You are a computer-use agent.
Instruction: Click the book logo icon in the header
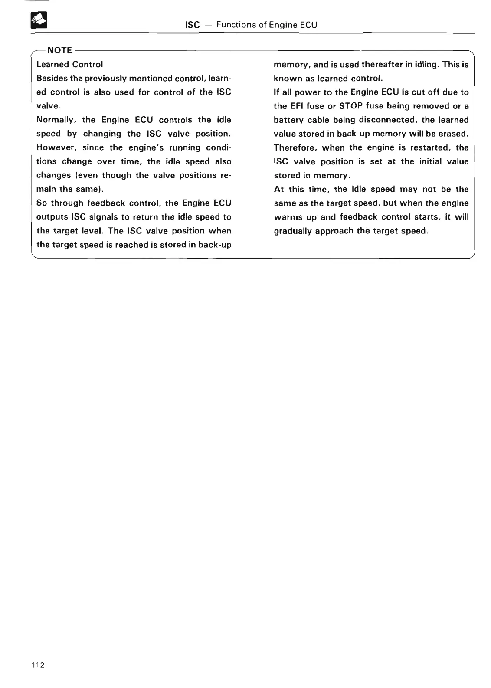tap(39, 20)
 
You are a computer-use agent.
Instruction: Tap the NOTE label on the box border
tap(60, 50)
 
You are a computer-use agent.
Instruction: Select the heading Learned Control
tap(69, 65)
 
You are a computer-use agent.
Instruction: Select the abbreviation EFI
tap(296, 106)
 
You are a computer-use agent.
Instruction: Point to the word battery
tap(289, 120)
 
